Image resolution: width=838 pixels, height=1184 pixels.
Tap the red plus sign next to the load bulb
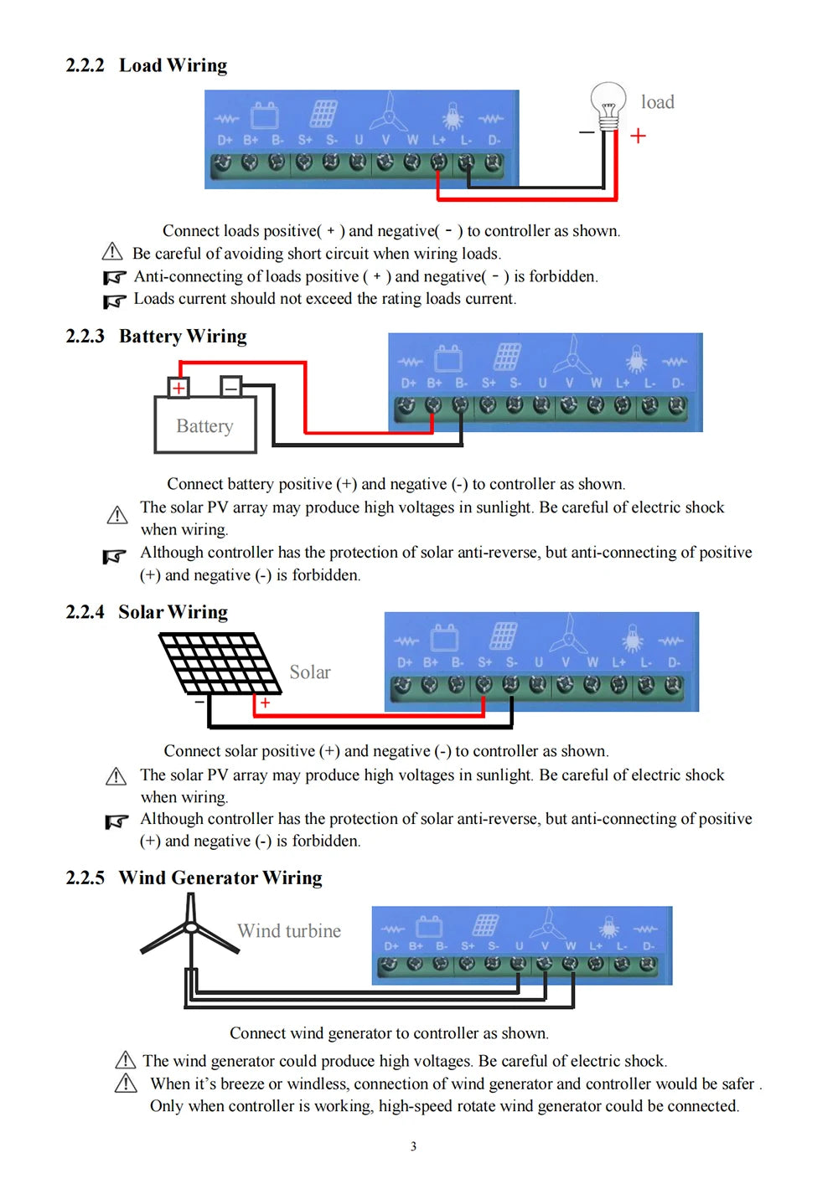[638, 136]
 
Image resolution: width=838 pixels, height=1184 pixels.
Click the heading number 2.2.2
[85, 65]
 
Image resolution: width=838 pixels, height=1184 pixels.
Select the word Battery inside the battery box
[204, 426]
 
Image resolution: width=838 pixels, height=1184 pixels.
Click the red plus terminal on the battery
[178, 388]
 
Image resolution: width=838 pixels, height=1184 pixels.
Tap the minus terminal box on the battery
[230, 387]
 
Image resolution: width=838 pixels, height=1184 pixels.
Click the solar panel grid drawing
[220, 662]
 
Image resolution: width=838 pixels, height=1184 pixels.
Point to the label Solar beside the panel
[309, 672]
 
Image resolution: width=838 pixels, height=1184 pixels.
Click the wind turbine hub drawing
[191, 927]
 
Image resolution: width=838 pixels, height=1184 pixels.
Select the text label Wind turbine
[289, 931]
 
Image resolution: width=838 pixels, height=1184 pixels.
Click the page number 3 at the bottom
[413, 1146]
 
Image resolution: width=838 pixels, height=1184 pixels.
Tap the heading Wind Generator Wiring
[220, 878]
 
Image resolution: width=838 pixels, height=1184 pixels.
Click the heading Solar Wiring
[173, 612]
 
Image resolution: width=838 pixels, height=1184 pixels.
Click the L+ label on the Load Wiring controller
[439, 141]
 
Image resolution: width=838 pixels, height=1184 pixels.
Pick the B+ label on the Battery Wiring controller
[434, 384]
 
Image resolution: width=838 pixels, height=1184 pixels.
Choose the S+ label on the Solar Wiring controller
[484, 662]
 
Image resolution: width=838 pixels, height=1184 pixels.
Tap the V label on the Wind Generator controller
[545, 946]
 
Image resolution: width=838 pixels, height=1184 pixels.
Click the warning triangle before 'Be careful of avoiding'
[112, 252]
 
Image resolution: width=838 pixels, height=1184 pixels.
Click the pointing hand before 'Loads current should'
[114, 300]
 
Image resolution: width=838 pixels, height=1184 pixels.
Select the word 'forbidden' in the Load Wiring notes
[563, 276]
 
